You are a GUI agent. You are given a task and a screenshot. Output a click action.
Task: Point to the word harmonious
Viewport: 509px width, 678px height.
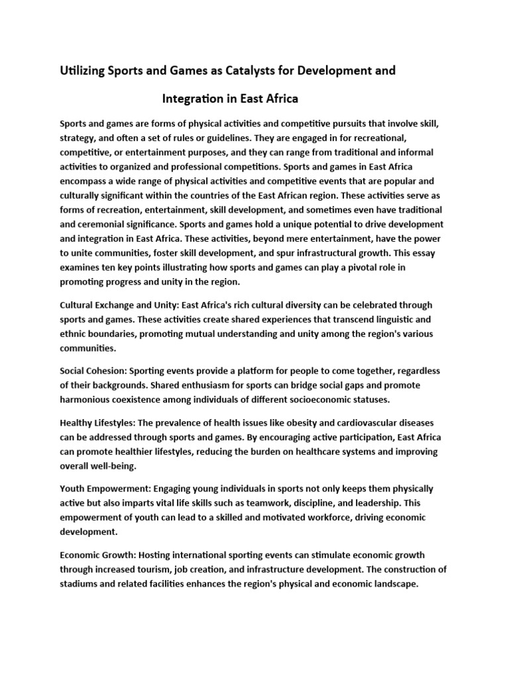coord(88,400)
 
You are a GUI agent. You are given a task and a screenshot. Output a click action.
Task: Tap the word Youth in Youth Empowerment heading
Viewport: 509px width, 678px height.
coord(72,489)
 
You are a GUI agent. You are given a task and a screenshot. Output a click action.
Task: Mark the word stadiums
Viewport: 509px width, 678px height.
coord(82,584)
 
